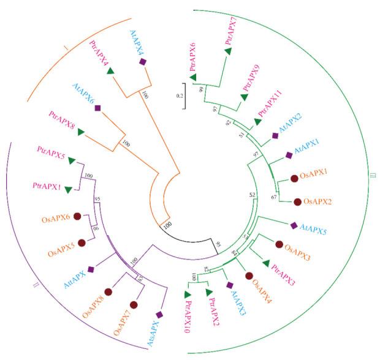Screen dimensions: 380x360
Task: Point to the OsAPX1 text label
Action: click(x=314, y=176)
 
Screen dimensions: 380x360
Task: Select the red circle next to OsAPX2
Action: click(x=298, y=201)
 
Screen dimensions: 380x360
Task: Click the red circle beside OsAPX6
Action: click(x=77, y=216)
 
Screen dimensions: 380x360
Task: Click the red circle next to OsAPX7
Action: click(x=134, y=304)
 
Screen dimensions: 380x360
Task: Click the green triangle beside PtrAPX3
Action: click(x=266, y=263)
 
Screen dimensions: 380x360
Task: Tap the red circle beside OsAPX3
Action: click(x=280, y=244)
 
